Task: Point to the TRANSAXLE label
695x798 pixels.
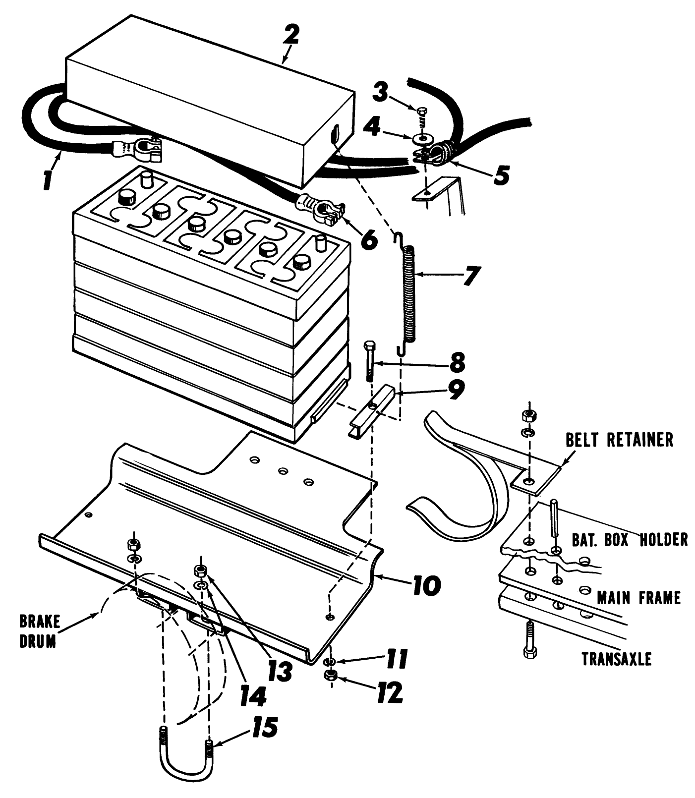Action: pos(616,659)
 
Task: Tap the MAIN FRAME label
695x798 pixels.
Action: pos(638,598)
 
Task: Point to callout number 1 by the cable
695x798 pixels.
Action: pos(48,179)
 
